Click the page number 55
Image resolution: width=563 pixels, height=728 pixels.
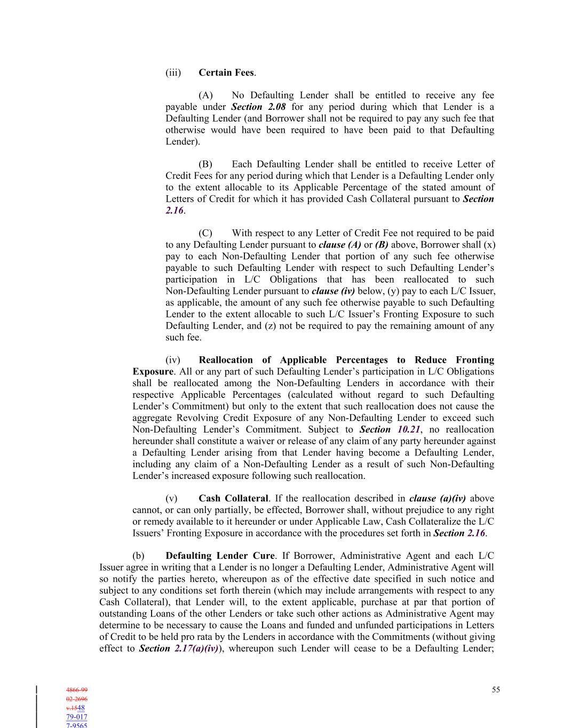[x=496, y=690]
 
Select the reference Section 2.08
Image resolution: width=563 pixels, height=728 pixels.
[x=262, y=107]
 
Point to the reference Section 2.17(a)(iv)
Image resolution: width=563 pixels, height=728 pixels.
[x=178, y=649]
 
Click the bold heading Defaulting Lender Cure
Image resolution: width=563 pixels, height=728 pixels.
[x=220, y=556]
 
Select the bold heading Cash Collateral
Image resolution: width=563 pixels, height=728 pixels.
[x=233, y=498]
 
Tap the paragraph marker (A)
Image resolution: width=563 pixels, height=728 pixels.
[x=205, y=95]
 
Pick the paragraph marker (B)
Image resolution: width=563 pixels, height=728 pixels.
[x=205, y=164]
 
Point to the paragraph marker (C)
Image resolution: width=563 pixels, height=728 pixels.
[x=205, y=233]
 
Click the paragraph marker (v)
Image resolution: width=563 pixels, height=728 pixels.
[x=171, y=498]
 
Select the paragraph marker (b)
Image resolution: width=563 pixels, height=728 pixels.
[x=138, y=556]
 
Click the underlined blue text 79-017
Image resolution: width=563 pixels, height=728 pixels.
[x=77, y=717]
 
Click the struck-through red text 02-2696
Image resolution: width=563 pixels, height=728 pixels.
[x=77, y=699]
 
